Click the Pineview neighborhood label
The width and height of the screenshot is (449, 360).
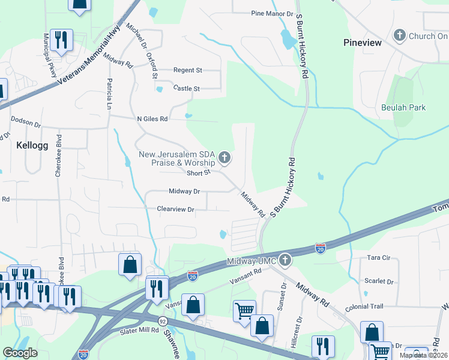tap(362, 43)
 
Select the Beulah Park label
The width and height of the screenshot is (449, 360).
tap(403, 107)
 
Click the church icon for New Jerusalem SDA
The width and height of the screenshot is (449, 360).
tap(224, 158)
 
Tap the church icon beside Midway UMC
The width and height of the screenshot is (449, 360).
tap(285, 260)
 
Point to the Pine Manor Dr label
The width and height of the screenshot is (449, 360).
tap(272, 13)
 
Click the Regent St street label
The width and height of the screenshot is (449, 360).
tap(188, 70)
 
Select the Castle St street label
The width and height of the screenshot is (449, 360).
tap(186, 88)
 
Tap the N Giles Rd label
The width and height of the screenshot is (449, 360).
tap(152, 119)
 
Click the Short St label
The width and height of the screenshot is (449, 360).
tap(199, 173)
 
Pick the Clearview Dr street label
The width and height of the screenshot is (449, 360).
tap(176, 209)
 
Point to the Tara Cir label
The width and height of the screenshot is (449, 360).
tap(378, 258)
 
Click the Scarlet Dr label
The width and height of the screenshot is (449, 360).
tap(379, 281)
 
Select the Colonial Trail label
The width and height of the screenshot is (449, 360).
tap(364, 307)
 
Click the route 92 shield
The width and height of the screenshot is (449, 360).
tap(163, 321)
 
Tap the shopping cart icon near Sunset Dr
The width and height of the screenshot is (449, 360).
tap(244, 311)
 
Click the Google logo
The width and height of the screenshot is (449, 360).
tap(20, 353)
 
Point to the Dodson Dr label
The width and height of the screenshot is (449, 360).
tap(25, 125)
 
